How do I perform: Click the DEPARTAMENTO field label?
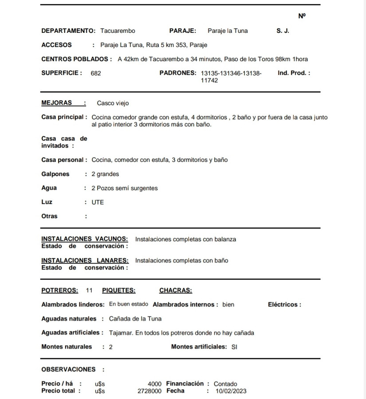click(68, 31)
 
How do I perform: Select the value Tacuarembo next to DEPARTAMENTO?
click(118, 31)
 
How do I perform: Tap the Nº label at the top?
click(302, 16)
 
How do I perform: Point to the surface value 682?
click(95, 74)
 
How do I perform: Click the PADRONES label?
click(177, 73)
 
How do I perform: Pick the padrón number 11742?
click(209, 81)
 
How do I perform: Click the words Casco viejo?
click(113, 103)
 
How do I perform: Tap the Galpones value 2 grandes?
click(105, 174)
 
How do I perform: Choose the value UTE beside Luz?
click(98, 202)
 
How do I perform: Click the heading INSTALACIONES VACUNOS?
click(84, 239)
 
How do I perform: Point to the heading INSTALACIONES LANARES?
click(85, 260)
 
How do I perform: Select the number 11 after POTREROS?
click(89, 291)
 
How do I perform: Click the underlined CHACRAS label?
click(176, 291)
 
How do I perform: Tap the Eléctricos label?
click(284, 305)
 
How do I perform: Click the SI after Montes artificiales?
click(234, 347)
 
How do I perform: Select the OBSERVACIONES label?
click(68, 369)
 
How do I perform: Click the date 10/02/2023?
click(231, 391)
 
